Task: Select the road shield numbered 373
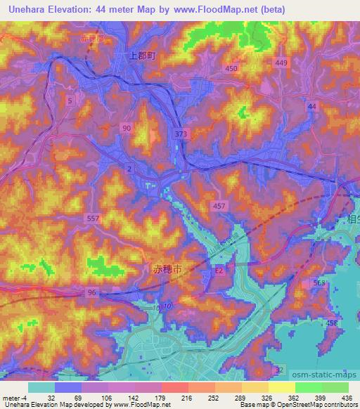pos(180,133)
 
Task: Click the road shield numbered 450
pos(231,68)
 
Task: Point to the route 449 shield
pos(281,63)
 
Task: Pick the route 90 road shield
pos(126,128)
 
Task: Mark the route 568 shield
pos(320,283)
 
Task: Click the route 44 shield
pos(312,105)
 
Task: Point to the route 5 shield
pos(70,101)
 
